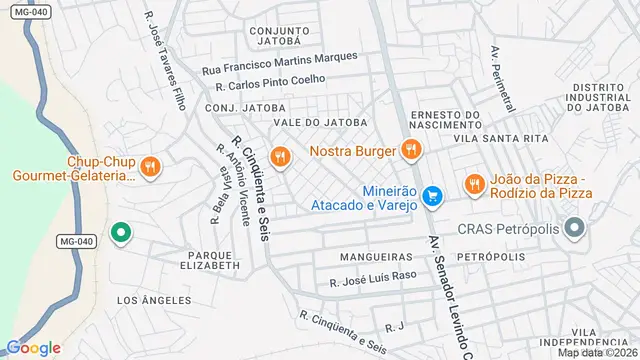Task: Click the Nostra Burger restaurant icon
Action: click(409, 151)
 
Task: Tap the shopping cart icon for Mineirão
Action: click(432, 196)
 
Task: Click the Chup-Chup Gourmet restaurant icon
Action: click(150, 167)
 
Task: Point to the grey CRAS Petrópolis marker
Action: click(575, 230)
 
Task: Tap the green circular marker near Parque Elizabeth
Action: click(120, 234)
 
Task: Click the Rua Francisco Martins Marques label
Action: click(279, 63)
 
